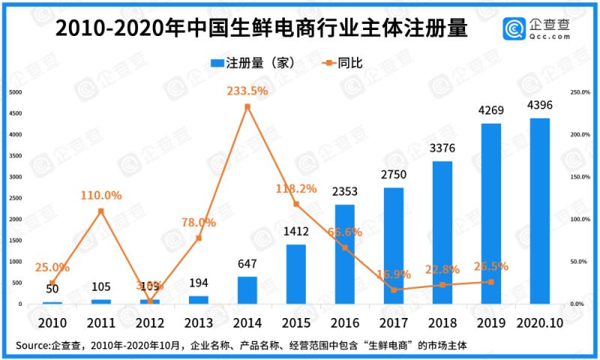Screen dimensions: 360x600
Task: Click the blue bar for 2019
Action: pyautogui.click(x=491, y=214)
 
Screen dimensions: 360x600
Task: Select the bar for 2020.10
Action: pyautogui.click(x=539, y=211)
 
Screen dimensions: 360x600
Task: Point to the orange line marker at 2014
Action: pyautogui.click(x=247, y=106)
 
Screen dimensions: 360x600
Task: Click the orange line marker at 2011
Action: pyautogui.click(x=100, y=211)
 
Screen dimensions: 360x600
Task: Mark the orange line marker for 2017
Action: pyautogui.click(x=394, y=289)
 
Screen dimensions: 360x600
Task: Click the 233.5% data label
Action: pyautogui.click(x=247, y=91)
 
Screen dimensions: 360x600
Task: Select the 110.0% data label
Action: pyautogui.click(x=100, y=195)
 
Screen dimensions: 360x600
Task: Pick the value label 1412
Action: pyautogui.click(x=296, y=231)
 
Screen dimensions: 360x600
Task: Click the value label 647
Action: pyautogui.click(x=247, y=263)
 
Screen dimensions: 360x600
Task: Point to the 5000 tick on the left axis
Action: pyautogui.click(x=15, y=92)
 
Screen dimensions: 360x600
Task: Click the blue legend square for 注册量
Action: pyautogui.click(x=214, y=63)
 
